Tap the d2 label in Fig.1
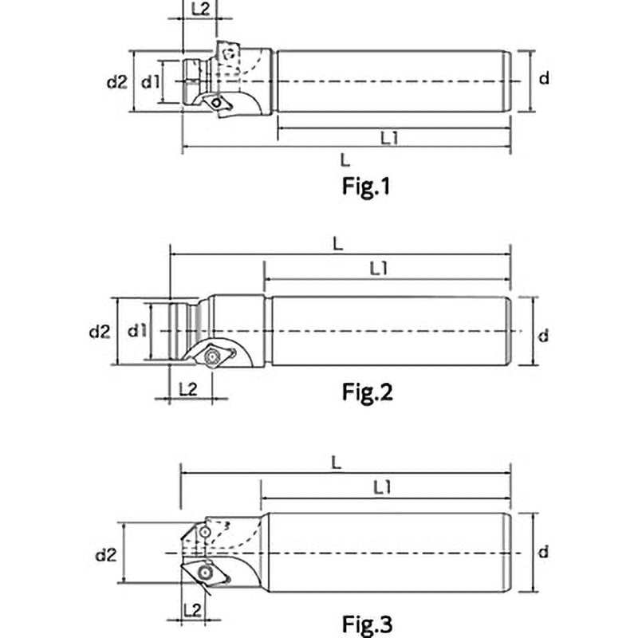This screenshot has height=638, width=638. (117, 81)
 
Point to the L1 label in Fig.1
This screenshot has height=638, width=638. (390, 137)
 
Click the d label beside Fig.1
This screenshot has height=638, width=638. (544, 78)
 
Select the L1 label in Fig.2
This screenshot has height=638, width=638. (379, 269)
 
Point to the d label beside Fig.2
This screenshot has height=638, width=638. (544, 336)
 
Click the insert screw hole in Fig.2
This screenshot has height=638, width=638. (213, 356)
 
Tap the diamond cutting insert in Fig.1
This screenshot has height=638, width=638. (216, 102)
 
